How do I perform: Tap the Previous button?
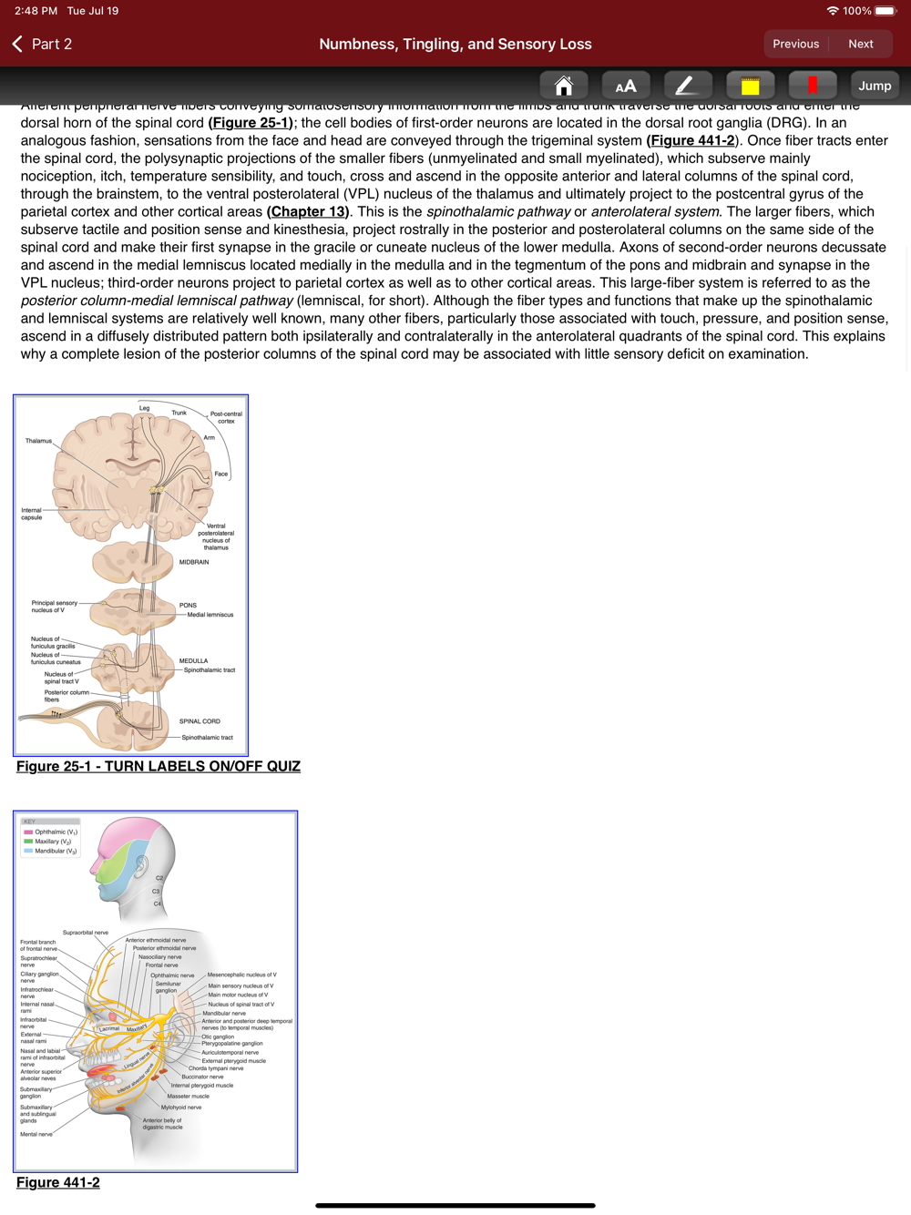point(795,44)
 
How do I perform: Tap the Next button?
point(860,44)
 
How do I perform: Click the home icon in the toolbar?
point(564,86)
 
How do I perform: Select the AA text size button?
point(626,86)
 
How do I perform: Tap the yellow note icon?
point(750,86)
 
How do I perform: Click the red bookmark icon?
point(813,86)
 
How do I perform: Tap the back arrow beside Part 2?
point(17,44)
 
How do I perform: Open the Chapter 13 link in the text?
point(308,211)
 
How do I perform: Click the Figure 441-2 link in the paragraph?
point(691,140)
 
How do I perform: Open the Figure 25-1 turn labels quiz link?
point(159,766)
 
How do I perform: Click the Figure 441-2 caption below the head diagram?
point(58,1182)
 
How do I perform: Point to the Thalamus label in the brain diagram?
point(38,441)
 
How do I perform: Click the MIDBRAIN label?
point(194,562)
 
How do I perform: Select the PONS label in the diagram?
point(188,605)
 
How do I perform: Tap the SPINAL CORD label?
point(200,721)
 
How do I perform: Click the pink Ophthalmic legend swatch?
point(28,832)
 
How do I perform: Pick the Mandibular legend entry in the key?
point(55,851)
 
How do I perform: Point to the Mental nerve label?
point(36,1134)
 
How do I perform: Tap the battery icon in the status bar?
point(885,11)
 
